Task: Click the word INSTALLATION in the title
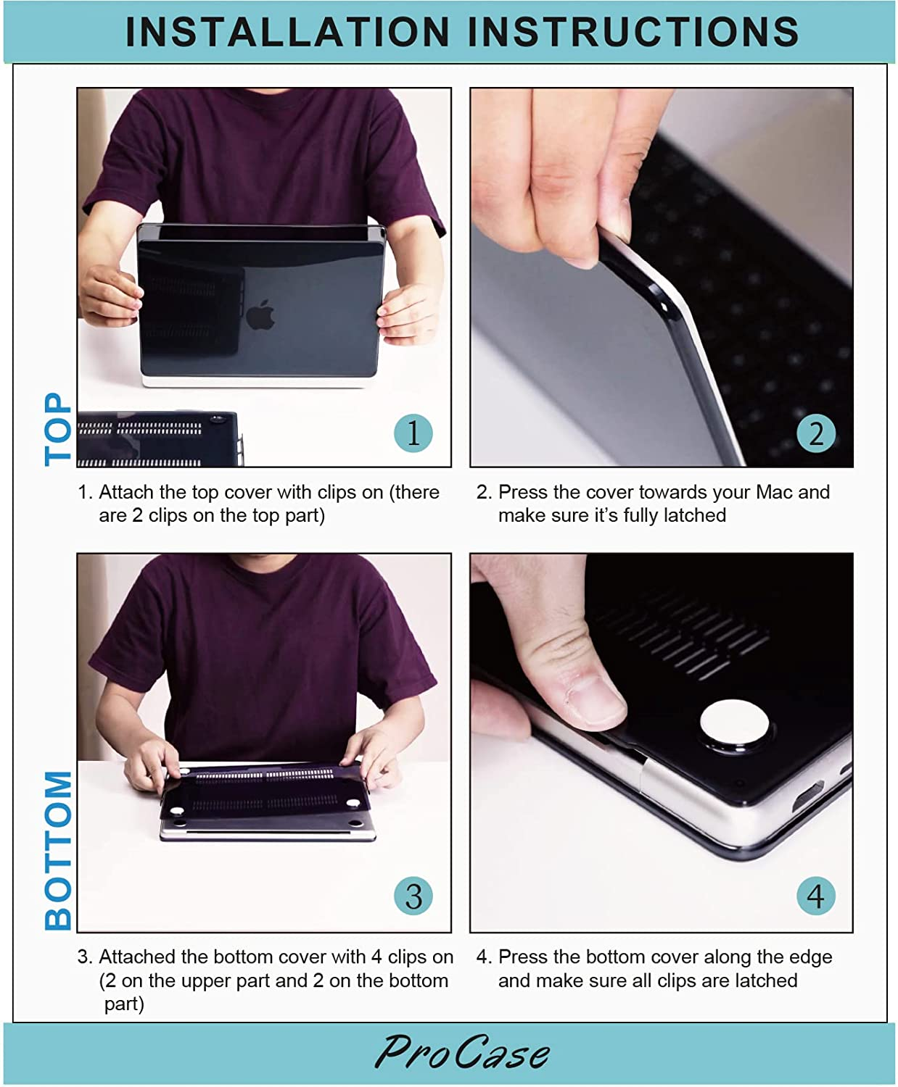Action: (287, 32)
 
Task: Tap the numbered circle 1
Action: (413, 433)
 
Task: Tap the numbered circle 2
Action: (815, 433)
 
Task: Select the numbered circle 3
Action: (413, 896)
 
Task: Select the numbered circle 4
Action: (815, 896)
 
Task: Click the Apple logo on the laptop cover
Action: (260, 315)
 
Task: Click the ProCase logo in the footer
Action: (462, 1052)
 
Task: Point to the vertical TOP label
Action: (58, 429)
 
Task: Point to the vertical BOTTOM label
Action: (58, 851)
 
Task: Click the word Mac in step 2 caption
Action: (773, 492)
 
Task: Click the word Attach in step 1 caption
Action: (125, 492)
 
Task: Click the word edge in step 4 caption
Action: (808, 957)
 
